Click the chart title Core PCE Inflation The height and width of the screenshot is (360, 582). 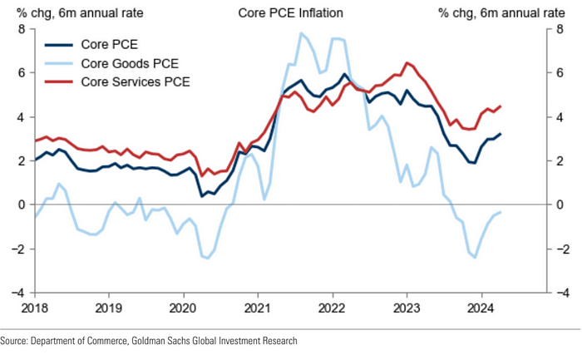[x=290, y=13]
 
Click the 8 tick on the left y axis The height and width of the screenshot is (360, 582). [x=22, y=30]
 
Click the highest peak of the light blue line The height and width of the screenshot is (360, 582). [x=301, y=33]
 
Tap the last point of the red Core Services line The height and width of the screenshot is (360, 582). [x=500, y=106]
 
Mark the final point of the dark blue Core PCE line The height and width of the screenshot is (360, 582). [x=500, y=134]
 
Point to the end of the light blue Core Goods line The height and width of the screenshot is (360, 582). [x=500, y=212]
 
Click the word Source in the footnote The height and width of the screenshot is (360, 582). [x=14, y=341]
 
